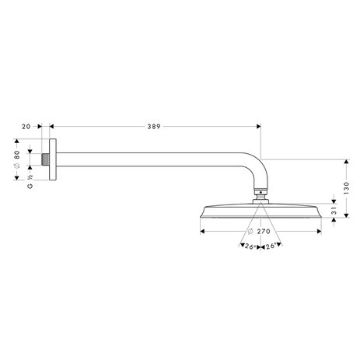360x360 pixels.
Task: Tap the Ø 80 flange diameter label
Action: tap(16, 154)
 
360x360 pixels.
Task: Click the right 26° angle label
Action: tap(271, 248)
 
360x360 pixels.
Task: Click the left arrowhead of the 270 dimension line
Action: tap(202, 231)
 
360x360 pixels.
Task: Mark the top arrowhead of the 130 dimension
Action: tap(343, 163)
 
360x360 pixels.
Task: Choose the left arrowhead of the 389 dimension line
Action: tap(51, 126)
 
